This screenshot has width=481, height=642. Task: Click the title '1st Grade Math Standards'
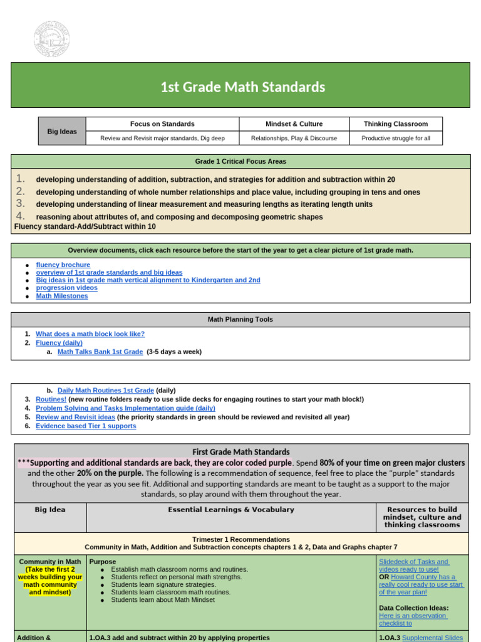pyautogui.click(x=243, y=87)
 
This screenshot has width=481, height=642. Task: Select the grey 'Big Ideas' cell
pyautogui.click(x=62, y=132)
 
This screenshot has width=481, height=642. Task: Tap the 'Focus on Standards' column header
pyautogui.click(x=162, y=124)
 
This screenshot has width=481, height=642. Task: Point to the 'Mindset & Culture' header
pyautogui.click(x=294, y=124)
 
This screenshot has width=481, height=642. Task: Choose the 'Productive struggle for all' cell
pyautogui.click(x=396, y=138)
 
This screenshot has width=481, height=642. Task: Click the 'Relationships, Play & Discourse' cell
pyautogui.click(x=294, y=138)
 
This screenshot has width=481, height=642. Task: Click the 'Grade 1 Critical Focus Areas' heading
pyautogui.click(x=240, y=161)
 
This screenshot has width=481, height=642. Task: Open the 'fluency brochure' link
pyautogui.click(x=63, y=265)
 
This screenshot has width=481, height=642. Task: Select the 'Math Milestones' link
pyautogui.click(x=62, y=296)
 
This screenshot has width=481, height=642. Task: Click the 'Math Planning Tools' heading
pyautogui.click(x=240, y=320)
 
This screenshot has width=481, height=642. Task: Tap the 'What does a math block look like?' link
pyautogui.click(x=90, y=334)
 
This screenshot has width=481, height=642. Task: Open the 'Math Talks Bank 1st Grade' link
pyautogui.click(x=100, y=352)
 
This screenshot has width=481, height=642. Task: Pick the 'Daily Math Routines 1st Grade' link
pyautogui.click(x=105, y=391)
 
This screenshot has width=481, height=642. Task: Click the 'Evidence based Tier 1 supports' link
pyautogui.click(x=86, y=426)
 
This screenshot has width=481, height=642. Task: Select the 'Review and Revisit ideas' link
pyautogui.click(x=75, y=417)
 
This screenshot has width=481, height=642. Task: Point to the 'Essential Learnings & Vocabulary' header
pyautogui.click(x=231, y=510)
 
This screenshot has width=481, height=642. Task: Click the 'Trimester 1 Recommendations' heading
pyautogui.click(x=240, y=539)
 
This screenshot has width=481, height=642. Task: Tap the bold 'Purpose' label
pyautogui.click(x=103, y=562)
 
